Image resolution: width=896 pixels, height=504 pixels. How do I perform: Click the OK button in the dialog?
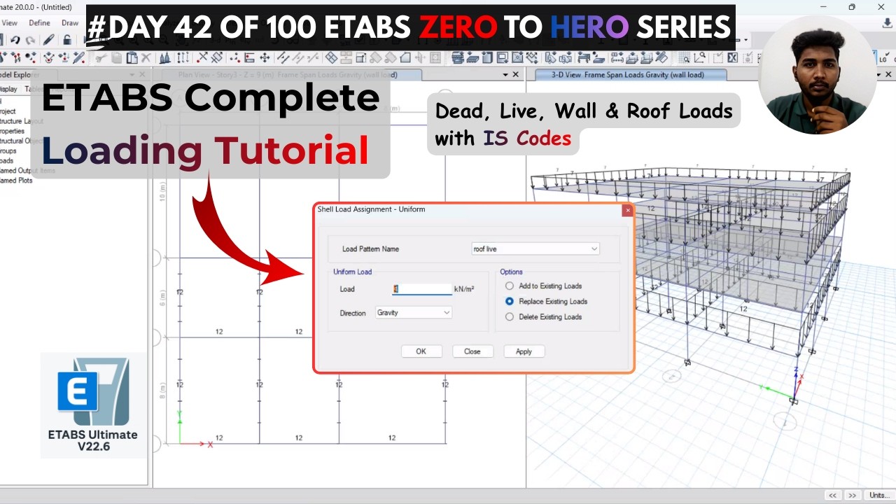(x=421, y=351)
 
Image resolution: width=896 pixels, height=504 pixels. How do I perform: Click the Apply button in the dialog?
(x=524, y=351)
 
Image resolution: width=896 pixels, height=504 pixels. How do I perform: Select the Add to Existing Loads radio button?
(x=510, y=286)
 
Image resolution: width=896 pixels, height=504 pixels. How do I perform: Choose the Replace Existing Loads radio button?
(x=510, y=302)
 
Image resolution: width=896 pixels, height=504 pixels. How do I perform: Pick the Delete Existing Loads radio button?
(x=510, y=317)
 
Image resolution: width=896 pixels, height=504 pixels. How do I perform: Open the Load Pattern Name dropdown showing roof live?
(x=535, y=249)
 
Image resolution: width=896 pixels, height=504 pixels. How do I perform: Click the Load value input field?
(x=422, y=289)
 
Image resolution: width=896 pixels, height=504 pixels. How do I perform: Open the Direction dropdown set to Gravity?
(x=413, y=313)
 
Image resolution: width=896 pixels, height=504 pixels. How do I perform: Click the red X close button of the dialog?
(x=627, y=210)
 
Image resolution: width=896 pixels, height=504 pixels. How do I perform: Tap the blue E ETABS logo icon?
(x=77, y=390)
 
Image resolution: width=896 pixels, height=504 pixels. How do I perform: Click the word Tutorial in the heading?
(x=291, y=150)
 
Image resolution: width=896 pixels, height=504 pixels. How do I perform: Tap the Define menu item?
(x=39, y=23)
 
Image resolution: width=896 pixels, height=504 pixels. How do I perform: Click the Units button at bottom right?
(x=879, y=496)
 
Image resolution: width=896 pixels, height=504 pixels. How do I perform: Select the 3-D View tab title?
(x=619, y=75)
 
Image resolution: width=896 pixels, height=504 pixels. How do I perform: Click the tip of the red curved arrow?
(x=302, y=273)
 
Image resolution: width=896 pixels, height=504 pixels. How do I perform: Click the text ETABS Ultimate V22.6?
(x=93, y=440)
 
